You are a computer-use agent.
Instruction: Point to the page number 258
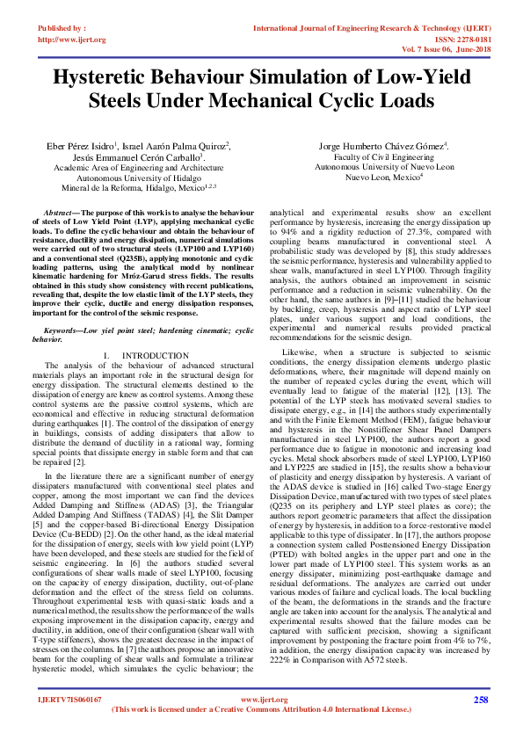[x=480, y=700]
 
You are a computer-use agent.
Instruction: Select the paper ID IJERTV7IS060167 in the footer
[x=69, y=700]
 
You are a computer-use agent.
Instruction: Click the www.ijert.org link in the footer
[x=263, y=700]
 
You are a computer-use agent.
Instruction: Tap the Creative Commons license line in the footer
[x=262, y=708]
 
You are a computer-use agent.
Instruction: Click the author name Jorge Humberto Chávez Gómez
[x=383, y=145]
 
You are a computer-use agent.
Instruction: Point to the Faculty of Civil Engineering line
[x=384, y=156]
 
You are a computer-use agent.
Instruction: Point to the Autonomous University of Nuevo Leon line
[x=384, y=166]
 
